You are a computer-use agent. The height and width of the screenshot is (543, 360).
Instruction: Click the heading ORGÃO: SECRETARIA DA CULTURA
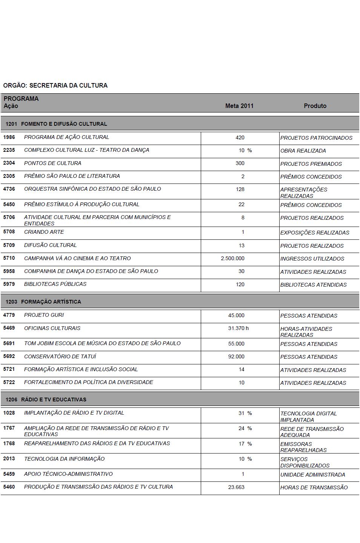coord(55,86)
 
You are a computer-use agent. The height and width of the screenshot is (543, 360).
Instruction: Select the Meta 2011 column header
coord(239,106)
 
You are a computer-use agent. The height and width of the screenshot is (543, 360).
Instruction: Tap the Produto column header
coord(315,106)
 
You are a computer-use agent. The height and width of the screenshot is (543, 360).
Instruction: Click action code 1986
coord(9,137)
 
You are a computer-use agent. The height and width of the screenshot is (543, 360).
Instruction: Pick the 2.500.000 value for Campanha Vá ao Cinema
coord(232,259)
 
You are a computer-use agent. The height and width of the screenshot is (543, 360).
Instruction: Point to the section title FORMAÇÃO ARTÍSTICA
coord(51,302)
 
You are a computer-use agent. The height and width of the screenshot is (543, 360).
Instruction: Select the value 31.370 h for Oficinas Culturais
coord(238,328)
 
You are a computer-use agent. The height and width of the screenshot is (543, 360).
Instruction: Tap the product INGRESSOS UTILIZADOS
coord(312,259)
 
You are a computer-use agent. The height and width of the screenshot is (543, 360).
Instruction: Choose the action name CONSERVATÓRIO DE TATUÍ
coord(60,356)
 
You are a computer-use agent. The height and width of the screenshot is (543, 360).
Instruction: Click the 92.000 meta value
coord(236,356)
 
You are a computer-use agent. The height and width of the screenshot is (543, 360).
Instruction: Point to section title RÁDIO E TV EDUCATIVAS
coord(54,400)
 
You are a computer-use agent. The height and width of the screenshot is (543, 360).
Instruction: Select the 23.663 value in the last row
coord(236,487)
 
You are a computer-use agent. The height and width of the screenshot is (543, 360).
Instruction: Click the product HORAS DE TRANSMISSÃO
coord(314,487)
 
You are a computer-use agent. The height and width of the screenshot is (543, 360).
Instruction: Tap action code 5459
coord(9,474)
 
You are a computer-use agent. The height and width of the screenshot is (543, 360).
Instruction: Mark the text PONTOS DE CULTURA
coord(52,163)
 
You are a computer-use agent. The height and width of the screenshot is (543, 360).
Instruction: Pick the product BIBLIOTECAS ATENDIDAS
coord(313,285)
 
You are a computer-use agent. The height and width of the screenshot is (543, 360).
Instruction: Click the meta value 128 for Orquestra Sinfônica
coord(240,189)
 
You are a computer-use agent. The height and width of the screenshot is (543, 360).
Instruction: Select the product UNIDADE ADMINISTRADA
coord(312,475)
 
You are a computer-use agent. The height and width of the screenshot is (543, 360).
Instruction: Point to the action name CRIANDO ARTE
coord(44,232)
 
